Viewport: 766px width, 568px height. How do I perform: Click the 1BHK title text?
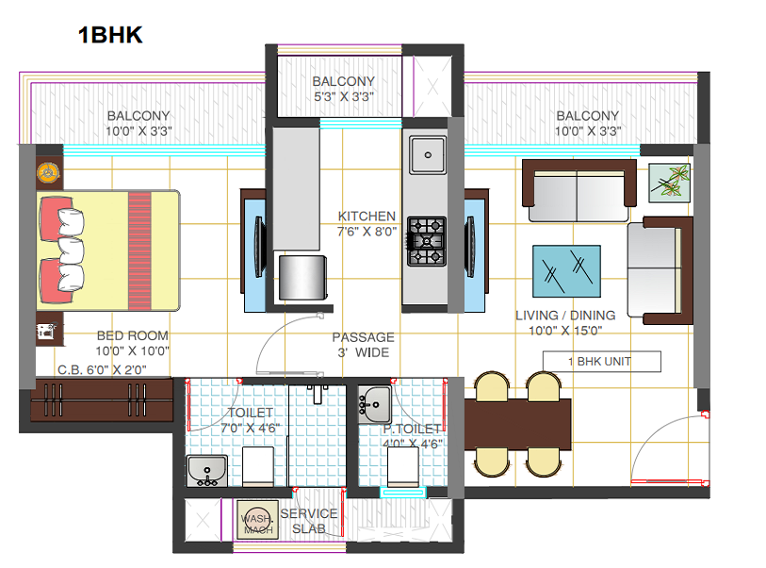tap(110, 36)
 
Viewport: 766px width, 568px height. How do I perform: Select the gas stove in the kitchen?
tap(426, 240)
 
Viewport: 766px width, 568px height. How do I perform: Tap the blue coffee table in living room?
tap(567, 271)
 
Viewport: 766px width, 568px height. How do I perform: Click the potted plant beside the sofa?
tap(670, 182)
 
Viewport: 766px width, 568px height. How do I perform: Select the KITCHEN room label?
tap(367, 217)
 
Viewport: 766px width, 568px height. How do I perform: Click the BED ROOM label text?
tap(133, 335)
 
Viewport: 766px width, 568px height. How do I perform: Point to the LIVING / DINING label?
tap(565, 315)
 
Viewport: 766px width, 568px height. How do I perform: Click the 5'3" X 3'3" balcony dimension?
tap(343, 96)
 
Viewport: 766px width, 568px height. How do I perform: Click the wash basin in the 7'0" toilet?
tap(206, 469)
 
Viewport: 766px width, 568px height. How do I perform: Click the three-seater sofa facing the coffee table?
tap(577, 187)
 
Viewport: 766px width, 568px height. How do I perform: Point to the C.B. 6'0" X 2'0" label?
tap(102, 370)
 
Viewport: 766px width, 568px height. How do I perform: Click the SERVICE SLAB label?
tap(309, 521)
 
